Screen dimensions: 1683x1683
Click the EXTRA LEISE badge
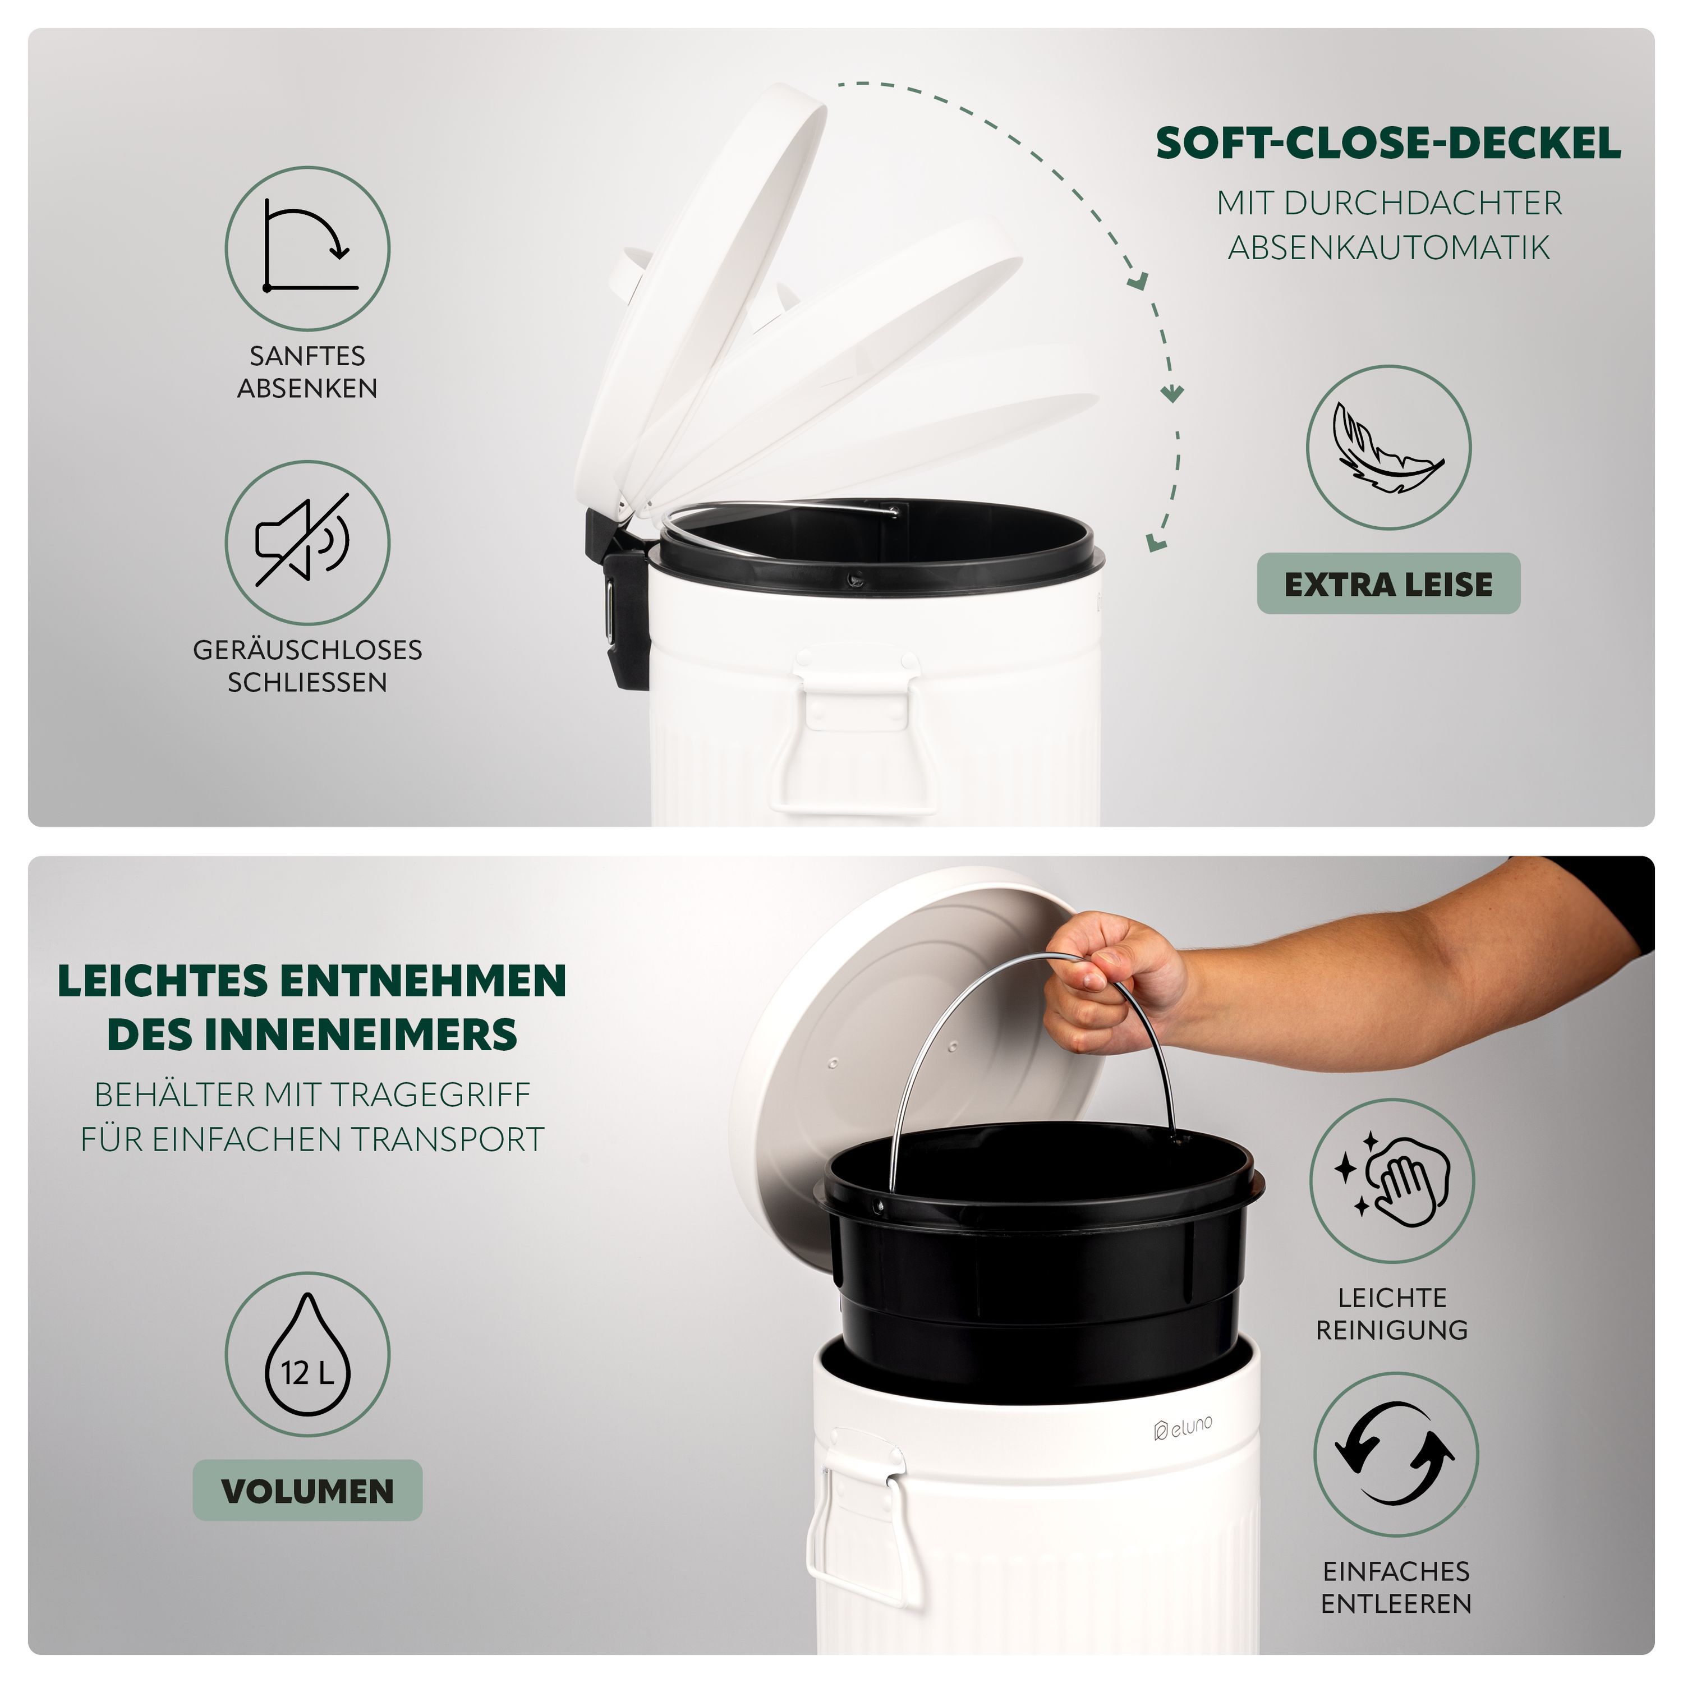(1388, 583)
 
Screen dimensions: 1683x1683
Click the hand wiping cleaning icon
(1392, 1181)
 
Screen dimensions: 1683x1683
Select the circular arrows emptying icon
(1396, 1454)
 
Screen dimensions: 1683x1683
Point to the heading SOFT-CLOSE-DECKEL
(1388, 144)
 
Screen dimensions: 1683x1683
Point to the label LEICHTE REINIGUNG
(1392, 1314)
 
